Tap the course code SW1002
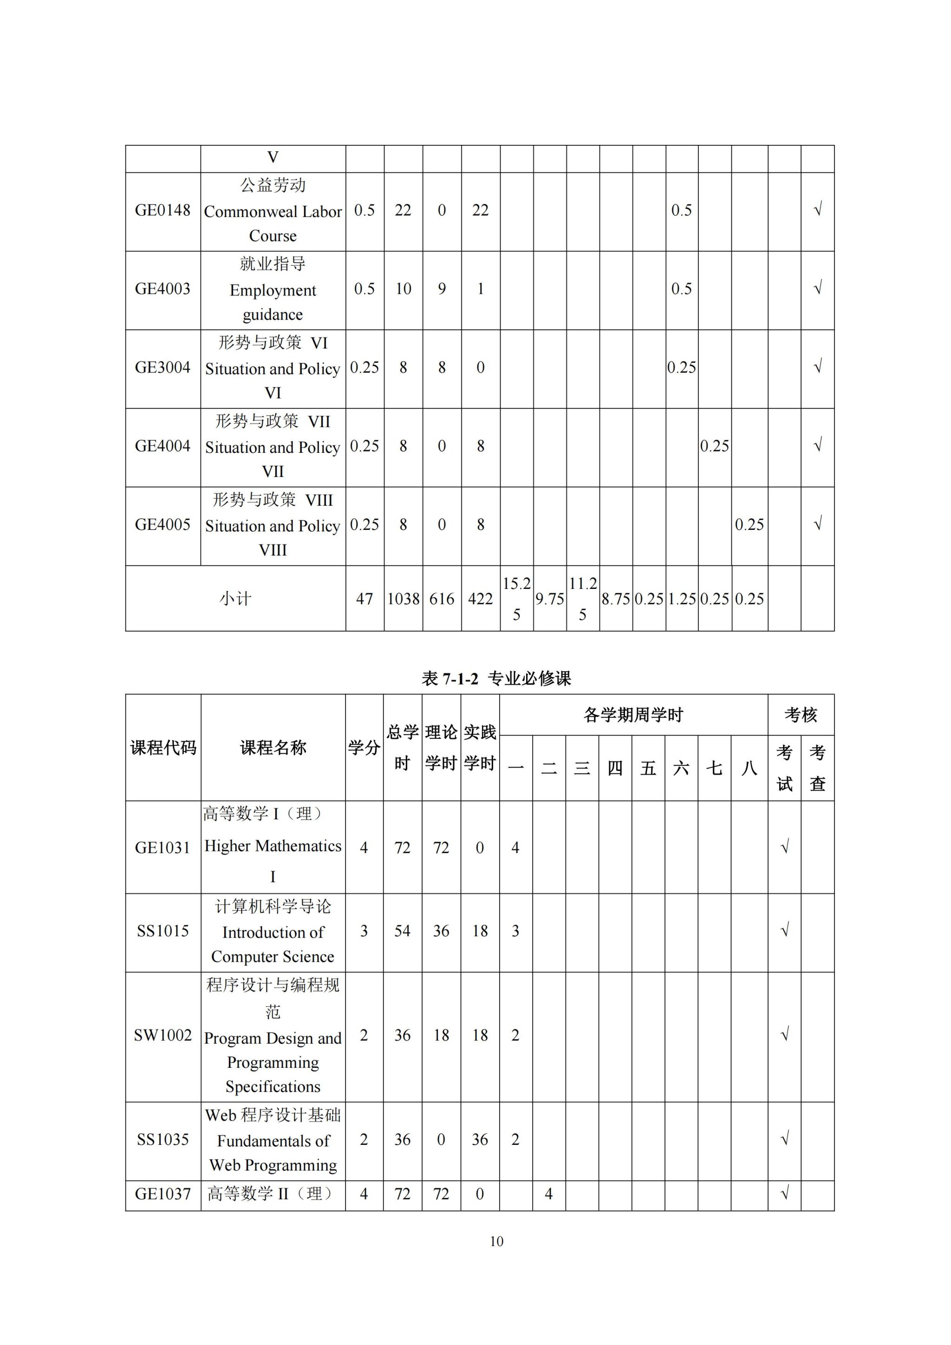click(x=163, y=1035)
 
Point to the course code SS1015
click(x=163, y=931)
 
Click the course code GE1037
click(x=163, y=1193)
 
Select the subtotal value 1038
click(x=403, y=599)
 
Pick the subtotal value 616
click(x=442, y=599)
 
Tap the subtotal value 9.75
click(x=549, y=599)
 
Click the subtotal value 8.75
click(x=615, y=599)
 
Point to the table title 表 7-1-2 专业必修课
click(x=496, y=679)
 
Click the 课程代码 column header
click(x=163, y=747)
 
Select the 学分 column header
click(x=364, y=747)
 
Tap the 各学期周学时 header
click(x=633, y=715)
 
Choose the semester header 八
click(x=749, y=768)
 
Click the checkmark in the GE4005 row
click(x=817, y=523)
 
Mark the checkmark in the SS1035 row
click(x=785, y=1139)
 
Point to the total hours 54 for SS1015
click(x=402, y=931)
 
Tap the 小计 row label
click(x=235, y=599)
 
